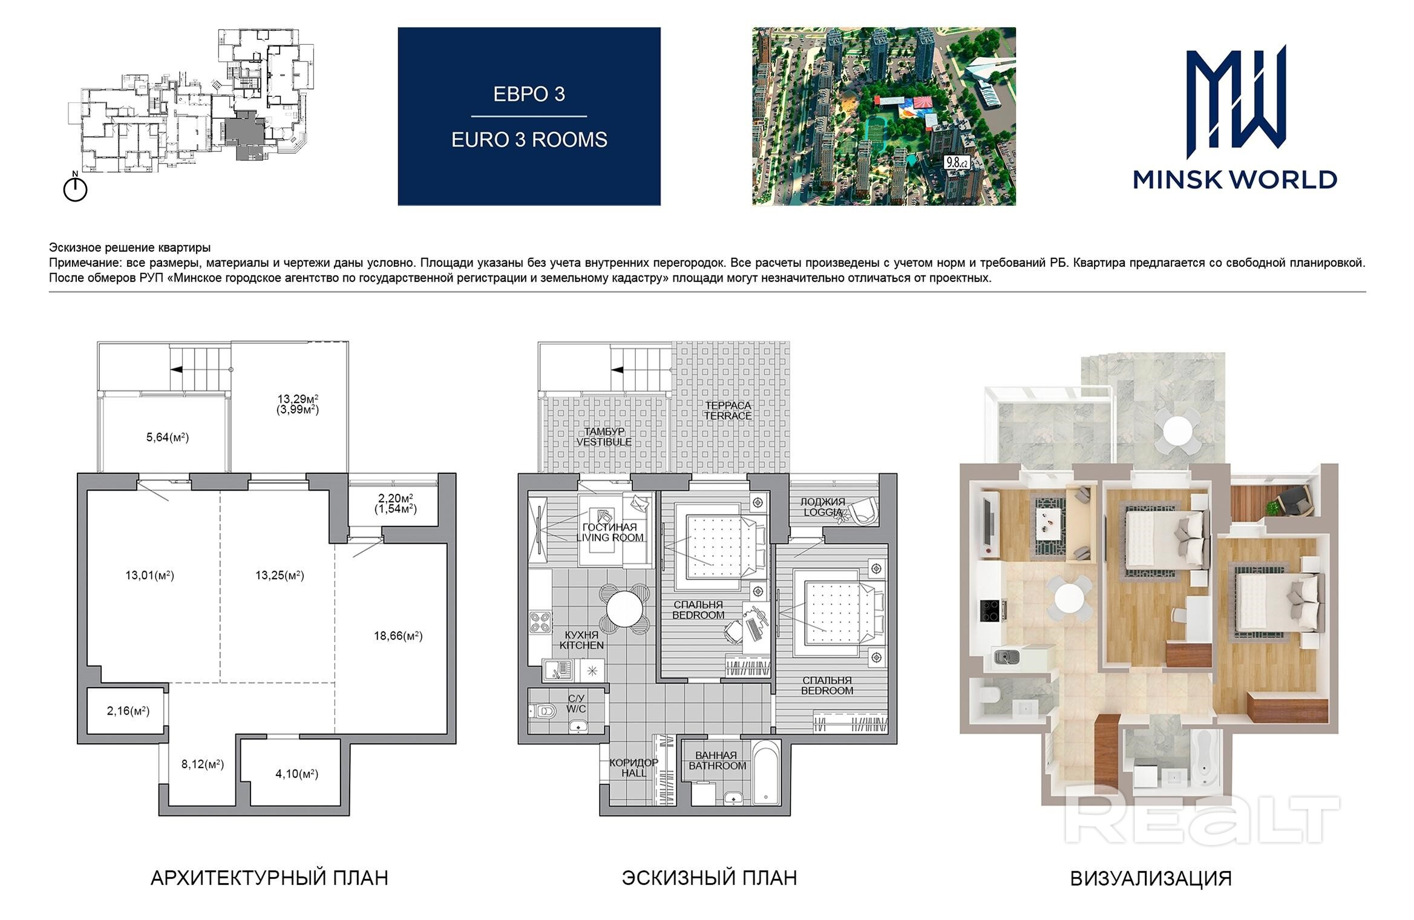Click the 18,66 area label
pyautogui.click(x=398, y=636)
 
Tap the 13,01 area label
pyautogui.click(x=149, y=575)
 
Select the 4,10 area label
pyautogui.click(x=296, y=774)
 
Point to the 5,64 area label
pyautogui.click(x=168, y=437)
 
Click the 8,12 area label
pyautogui.click(x=203, y=764)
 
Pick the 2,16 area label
pyautogui.click(x=128, y=711)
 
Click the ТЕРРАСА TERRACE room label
pyautogui.click(x=727, y=410)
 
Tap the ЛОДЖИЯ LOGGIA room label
pyautogui.click(x=823, y=507)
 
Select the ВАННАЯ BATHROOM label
pyautogui.click(x=717, y=760)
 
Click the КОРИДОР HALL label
pyautogui.click(x=633, y=767)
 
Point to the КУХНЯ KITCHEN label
pyautogui.click(x=581, y=640)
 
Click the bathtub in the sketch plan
pyautogui.click(x=765, y=774)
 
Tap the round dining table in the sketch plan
pyautogui.click(x=626, y=608)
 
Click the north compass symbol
pyautogui.click(x=76, y=188)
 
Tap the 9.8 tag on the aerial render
pyautogui.click(x=957, y=162)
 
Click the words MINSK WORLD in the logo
pyautogui.click(x=1235, y=180)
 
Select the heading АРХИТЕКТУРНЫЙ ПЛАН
pyautogui.click(x=269, y=878)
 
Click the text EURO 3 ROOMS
pyautogui.click(x=529, y=140)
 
